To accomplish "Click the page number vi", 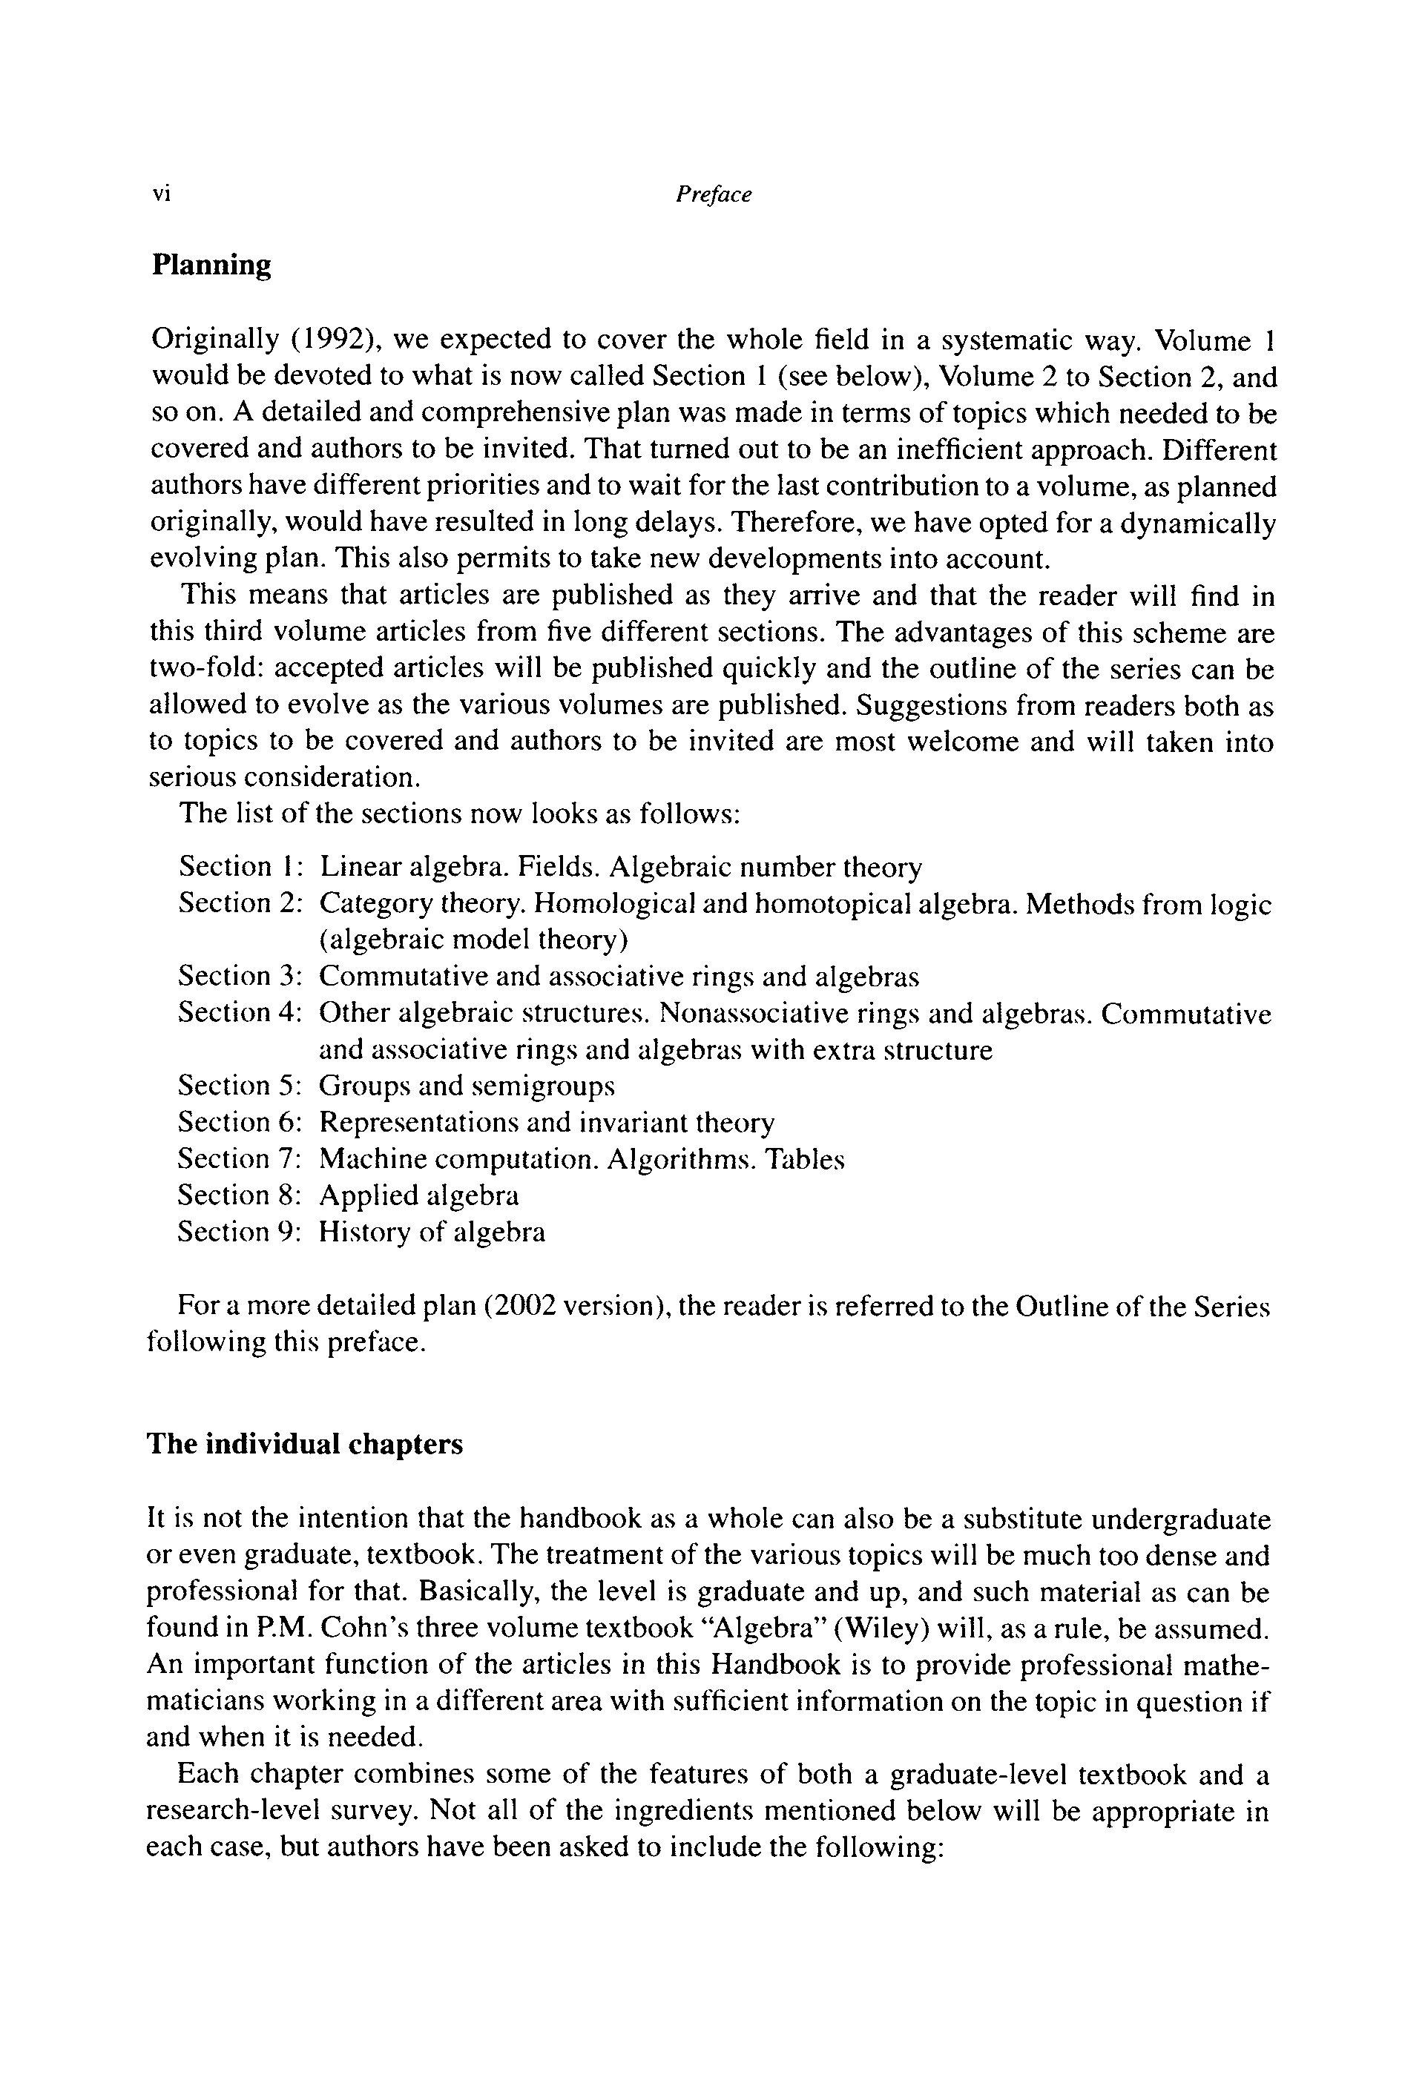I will (x=161, y=194).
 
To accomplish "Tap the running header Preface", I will (x=713, y=194).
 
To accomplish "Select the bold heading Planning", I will (x=211, y=265).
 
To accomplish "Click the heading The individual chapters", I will (x=304, y=1444).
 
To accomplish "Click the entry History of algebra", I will (x=432, y=1232).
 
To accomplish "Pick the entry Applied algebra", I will (x=419, y=1195).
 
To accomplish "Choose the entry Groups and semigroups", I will (x=467, y=1086).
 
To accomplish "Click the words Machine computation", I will (x=459, y=1158).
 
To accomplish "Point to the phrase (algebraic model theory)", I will (x=473, y=940).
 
